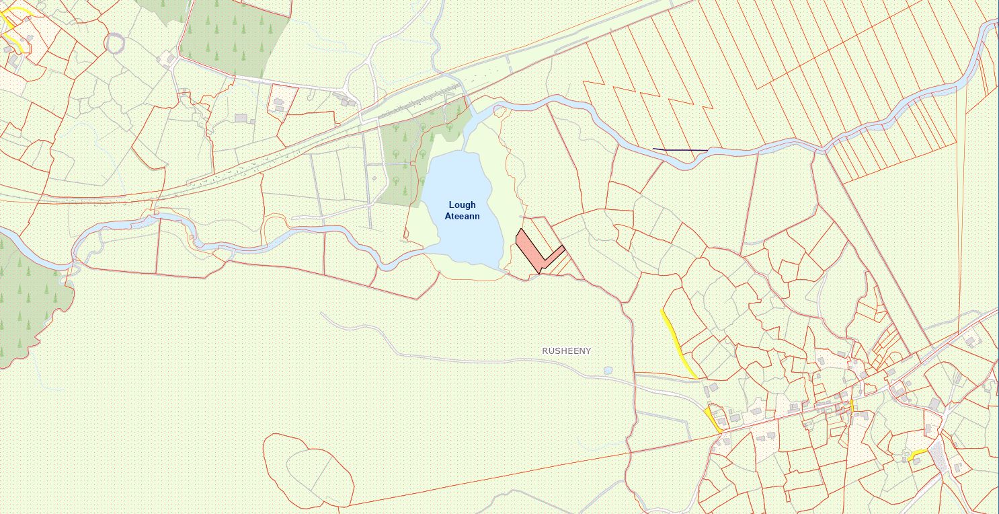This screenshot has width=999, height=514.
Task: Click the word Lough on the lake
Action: point(463,205)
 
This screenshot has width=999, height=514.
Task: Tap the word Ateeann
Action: point(463,216)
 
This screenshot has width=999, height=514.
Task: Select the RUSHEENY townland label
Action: point(566,351)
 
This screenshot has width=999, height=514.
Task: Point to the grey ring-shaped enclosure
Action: point(116,43)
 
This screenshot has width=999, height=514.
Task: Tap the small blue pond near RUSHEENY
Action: point(608,370)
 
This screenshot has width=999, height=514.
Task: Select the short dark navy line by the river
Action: point(680,149)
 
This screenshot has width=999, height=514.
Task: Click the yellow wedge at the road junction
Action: point(713,418)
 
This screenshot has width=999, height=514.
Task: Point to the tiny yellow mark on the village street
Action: point(852,406)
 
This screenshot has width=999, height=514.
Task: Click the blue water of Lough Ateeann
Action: point(464,235)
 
